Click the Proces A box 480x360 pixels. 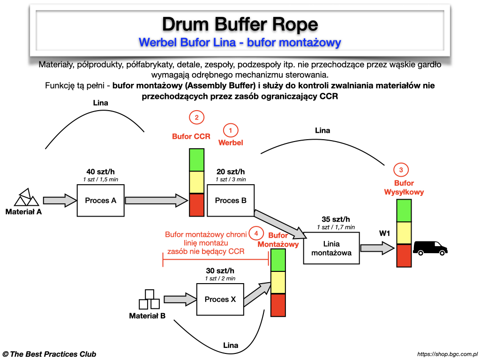(100, 201)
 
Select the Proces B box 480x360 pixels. (230, 201)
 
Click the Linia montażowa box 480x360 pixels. (331, 248)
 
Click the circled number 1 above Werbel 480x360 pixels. (230, 130)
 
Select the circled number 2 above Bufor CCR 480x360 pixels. (196, 117)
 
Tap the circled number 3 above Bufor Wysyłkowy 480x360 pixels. (401, 170)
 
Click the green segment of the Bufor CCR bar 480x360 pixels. (196, 160)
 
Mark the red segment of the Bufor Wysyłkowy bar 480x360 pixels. (404, 255)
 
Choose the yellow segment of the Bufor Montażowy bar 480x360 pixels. (278, 282)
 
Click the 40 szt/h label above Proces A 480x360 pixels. (100, 172)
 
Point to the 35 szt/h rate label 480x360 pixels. (336, 219)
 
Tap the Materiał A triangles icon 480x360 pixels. (26, 197)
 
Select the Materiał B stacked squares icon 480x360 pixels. (149, 300)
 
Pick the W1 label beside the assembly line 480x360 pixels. (385, 233)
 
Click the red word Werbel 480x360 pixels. (230, 142)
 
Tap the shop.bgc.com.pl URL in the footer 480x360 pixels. (447, 354)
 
